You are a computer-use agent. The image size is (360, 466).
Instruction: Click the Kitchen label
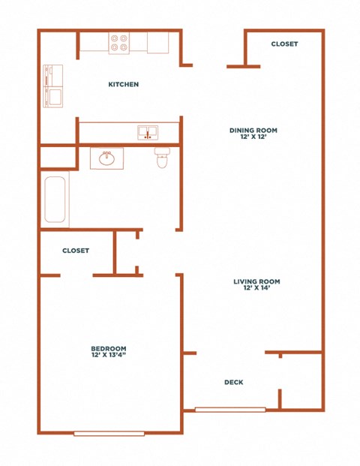pyautogui.click(x=123, y=84)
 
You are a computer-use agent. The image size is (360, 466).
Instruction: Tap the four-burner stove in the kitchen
pyautogui.click(x=118, y=43)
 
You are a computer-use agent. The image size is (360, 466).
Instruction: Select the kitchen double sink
pyautogui.click(x=148, y=132)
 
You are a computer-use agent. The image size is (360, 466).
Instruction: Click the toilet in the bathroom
pyautogui.click(x=162, y=158)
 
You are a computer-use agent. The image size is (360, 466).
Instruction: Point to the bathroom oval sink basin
pyautogui.click(x=106, y=158)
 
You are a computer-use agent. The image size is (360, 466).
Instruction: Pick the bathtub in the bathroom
pyautogui.click(x=55, y=200)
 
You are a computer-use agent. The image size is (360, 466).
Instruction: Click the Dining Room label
pyautogui.click(x=253, y=130)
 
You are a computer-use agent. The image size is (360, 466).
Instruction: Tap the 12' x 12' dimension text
pyautogui.click(x=253, y=137)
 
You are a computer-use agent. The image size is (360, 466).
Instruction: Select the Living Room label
pyautogui.click(x=256, y=281)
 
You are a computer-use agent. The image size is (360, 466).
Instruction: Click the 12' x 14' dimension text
pyautogui.click(x=256, y=287)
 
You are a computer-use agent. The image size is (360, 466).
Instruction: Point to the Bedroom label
pyautogui.click(x=109, y=348)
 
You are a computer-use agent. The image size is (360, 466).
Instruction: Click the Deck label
pyautogui.click(x=234, y=382)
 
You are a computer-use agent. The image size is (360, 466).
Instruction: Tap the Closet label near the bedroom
pyautogui.click(x=76, y=251)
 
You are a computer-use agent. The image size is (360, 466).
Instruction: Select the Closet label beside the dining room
pyautogui.click(x=284, y=44)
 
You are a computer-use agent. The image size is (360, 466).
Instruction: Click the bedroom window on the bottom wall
pyautogui.click(x=109, y=434)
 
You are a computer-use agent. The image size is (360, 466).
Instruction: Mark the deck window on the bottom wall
pyautogui.click(x=230, y=410)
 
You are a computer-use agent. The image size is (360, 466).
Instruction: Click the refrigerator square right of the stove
pyautogui.click(x=158, y=43)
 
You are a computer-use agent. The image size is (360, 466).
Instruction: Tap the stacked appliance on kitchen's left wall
pyautogui.click(x=52, y=86)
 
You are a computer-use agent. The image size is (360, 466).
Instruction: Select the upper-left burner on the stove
pyautogui.click(x=114, y=38)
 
